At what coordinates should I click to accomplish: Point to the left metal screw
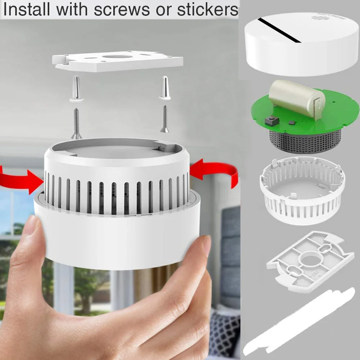point(76,123)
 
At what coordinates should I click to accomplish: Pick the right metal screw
point(164,118)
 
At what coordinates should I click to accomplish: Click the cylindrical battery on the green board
point(297,97)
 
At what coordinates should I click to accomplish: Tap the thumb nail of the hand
point(31,228)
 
